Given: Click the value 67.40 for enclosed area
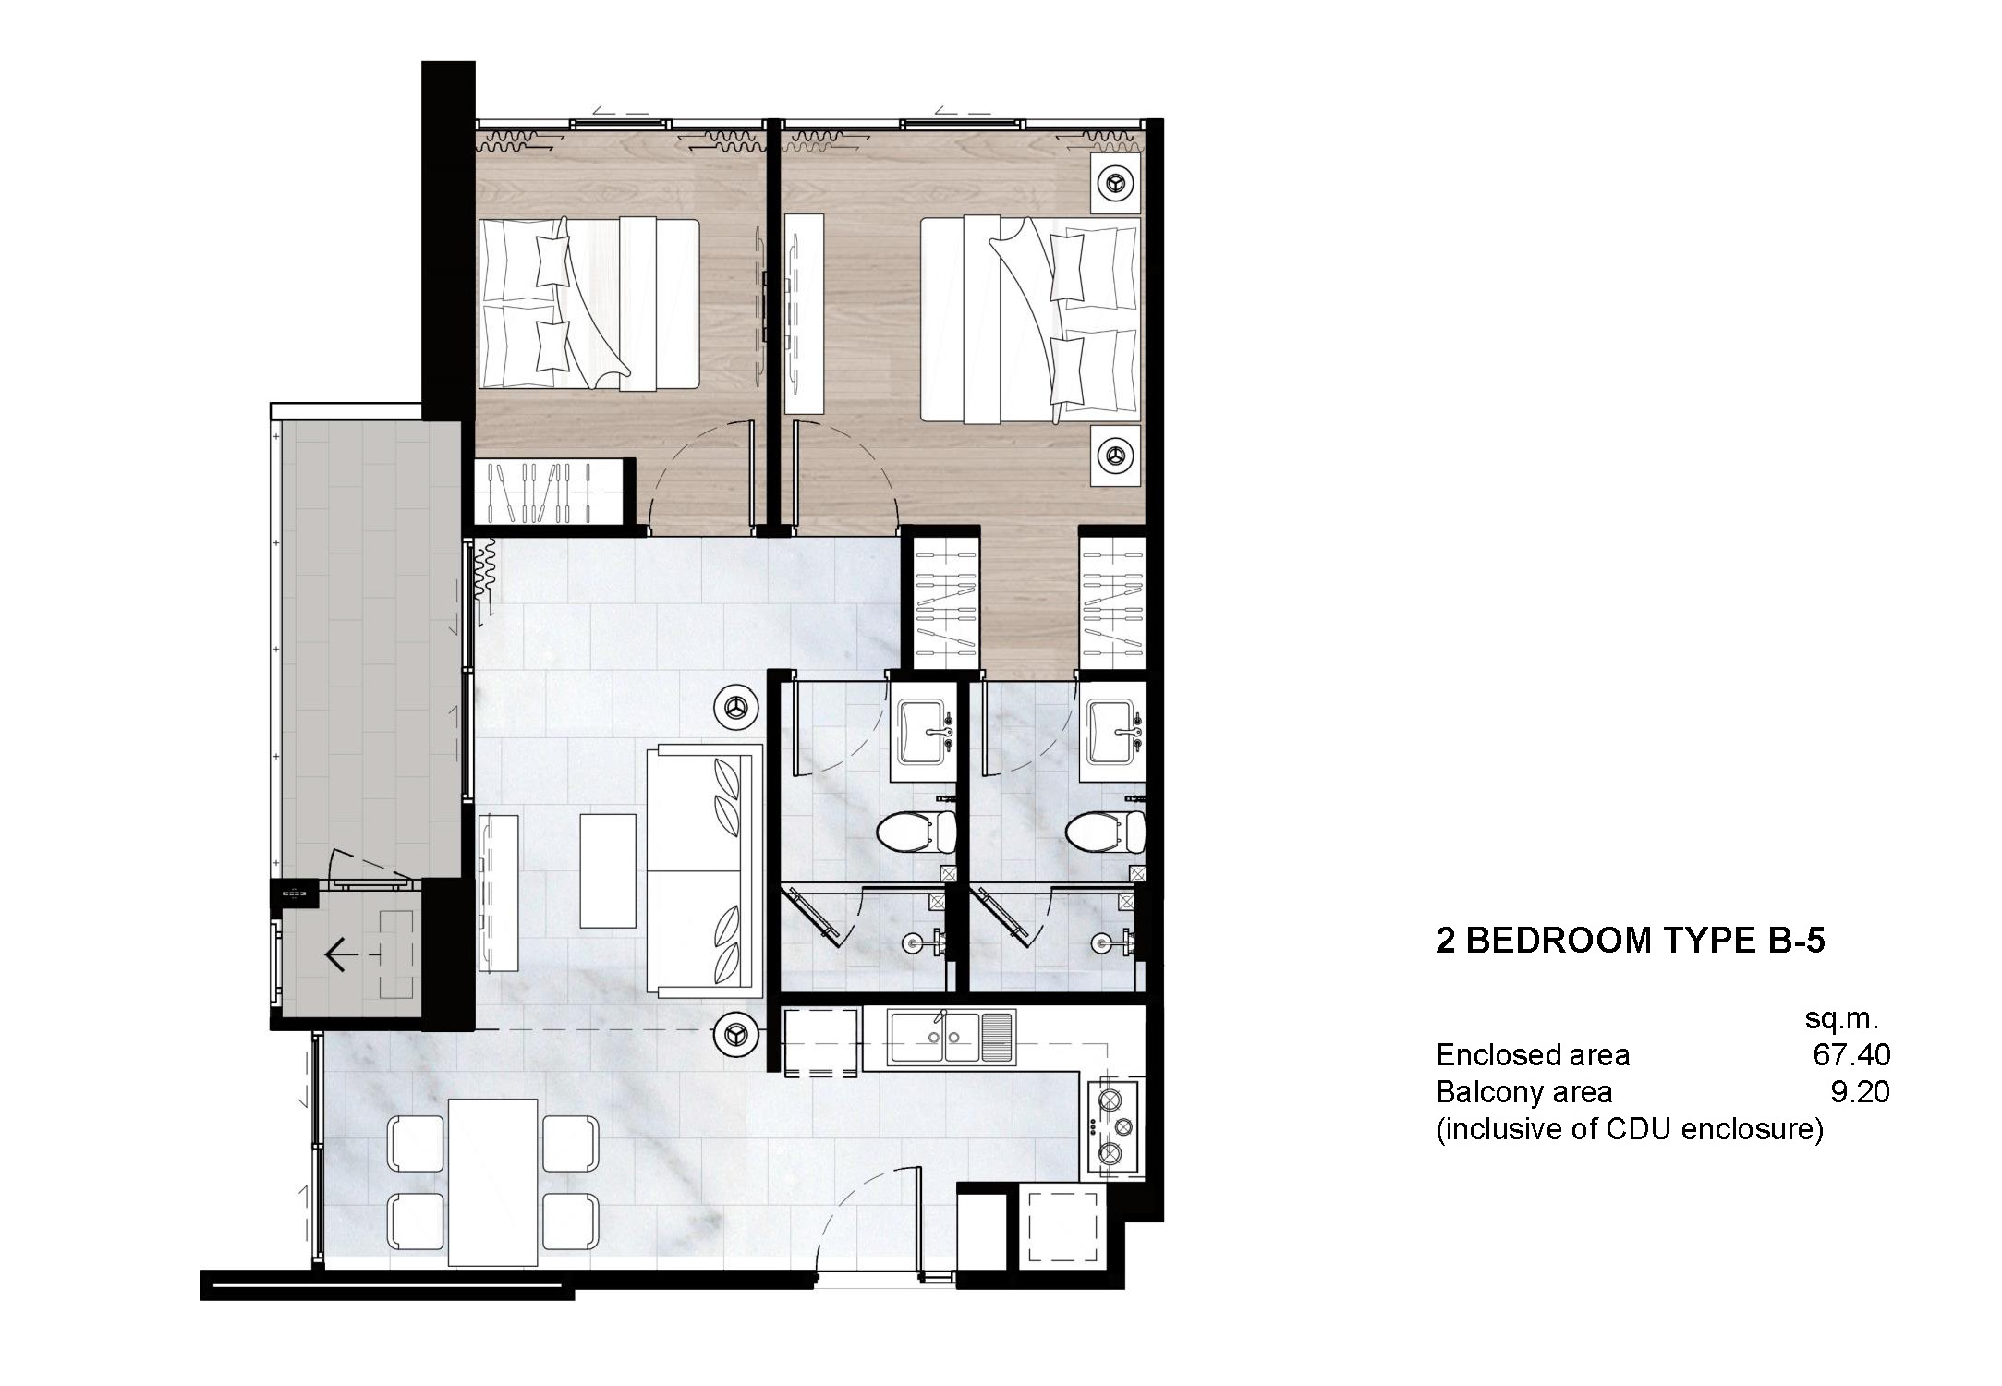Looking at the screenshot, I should click(1850, 1054).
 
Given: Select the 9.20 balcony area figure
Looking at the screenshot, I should click(1859, 1092).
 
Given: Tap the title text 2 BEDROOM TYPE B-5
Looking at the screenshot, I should click(1630, 941).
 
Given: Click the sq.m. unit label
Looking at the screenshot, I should click(1841, 1018).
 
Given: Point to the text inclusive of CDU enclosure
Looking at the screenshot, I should click(1629, 1129).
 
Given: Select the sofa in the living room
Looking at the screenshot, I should click(705, 870).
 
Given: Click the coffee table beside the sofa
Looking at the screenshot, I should click(607, 869).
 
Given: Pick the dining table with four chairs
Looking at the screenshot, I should click(492, 1182).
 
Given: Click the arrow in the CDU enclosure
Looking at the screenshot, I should click(336, 954).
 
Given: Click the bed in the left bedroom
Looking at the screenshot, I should click(588, 304).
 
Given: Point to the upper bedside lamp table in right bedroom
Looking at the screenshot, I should click(1115, 184).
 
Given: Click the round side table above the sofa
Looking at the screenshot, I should click(736, 708).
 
